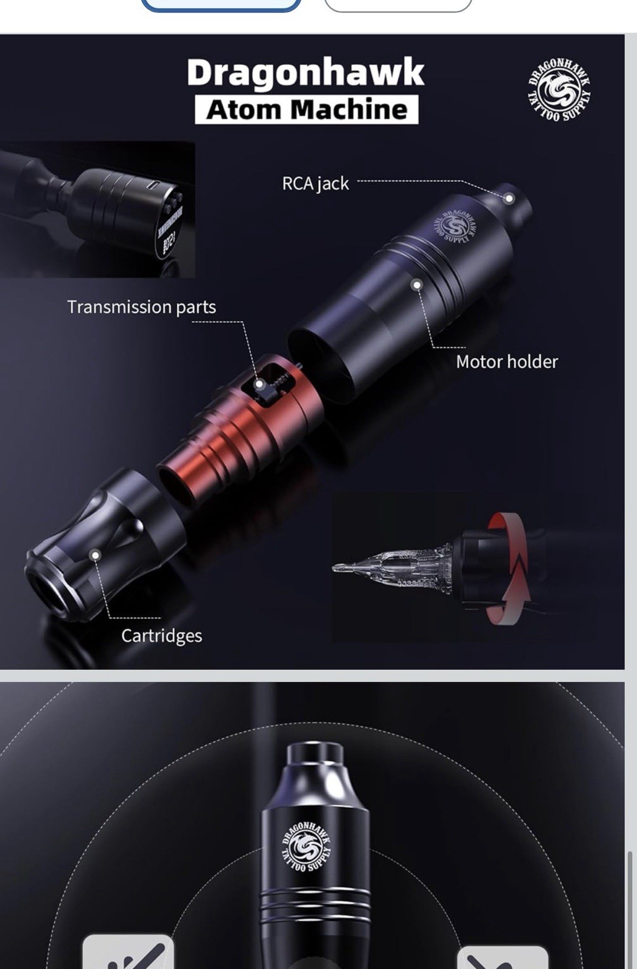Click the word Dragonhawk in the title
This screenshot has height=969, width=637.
[305, 73]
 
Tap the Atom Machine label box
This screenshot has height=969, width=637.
[306, 110]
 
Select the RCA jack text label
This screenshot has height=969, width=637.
[315, 183]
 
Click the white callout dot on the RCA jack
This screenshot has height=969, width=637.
[510, 198]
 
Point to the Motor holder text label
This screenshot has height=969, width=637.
[507, 362]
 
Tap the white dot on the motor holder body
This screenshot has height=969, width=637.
[417, 285]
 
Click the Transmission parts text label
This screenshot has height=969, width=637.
[141, 307]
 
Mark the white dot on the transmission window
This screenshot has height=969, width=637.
[259, 384]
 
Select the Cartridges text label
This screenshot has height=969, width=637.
[161, 635]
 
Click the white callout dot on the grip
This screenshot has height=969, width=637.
[95, 555]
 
